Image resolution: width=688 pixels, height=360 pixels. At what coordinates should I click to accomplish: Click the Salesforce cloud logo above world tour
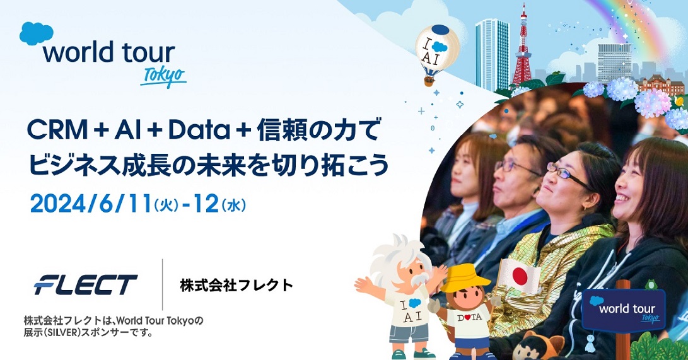37,33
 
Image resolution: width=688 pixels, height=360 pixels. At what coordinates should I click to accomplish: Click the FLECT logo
86,285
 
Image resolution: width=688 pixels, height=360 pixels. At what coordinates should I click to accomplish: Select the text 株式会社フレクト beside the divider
236,285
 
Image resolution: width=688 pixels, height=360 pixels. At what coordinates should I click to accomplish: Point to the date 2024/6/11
88,203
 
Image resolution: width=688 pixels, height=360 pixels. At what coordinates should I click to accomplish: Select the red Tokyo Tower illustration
522,47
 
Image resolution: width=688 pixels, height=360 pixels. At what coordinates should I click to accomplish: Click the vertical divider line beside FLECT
163,284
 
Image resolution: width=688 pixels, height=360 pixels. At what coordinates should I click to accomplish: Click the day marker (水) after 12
234,204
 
